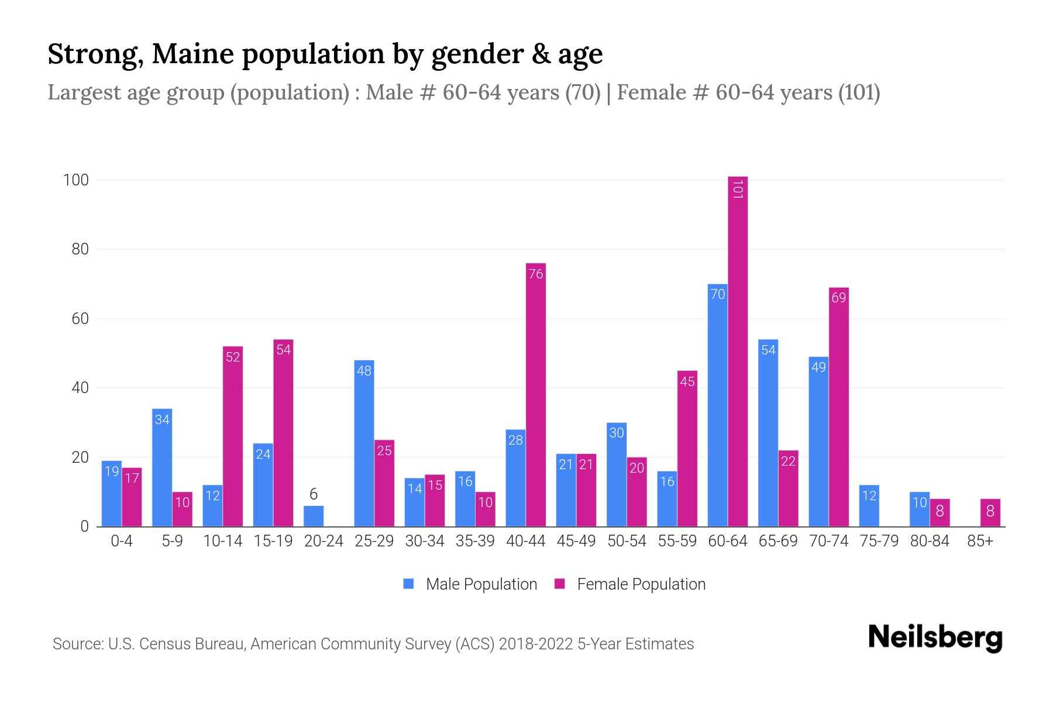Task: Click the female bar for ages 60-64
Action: click(x=738, y=351)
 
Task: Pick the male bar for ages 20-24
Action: click(x=314, y=516)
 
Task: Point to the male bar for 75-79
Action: click(x=869, y=506)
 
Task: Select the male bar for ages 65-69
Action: click(x=768, y=433)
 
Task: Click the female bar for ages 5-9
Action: click(x=183, y=509)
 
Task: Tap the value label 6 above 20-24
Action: click(x=314, y=494)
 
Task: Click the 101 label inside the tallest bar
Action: click(x=738, y=189)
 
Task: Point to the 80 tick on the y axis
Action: click(x=80, y=249)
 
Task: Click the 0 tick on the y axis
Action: click(x=85, y=526)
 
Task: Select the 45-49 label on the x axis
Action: click(x=576, y=541)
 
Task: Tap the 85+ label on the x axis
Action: click(x=980, y=541)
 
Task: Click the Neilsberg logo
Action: click(x=935, y=638)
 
